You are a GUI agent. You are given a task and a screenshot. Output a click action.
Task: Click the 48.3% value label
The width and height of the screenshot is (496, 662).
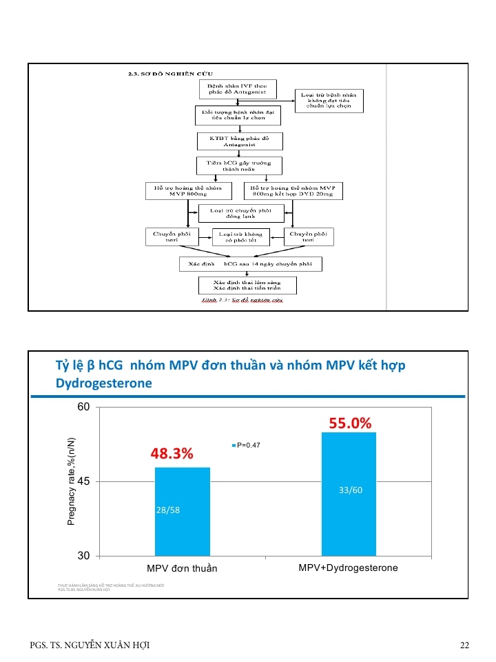[172, 454]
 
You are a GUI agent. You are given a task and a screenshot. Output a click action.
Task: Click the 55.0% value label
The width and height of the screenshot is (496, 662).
[350, 423]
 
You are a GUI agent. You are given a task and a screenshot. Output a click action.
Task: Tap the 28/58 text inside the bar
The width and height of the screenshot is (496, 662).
[169, 510]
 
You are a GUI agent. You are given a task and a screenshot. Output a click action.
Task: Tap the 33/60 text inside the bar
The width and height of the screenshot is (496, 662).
[350, 490]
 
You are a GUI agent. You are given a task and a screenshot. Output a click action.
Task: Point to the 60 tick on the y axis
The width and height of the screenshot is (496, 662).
[83, 408]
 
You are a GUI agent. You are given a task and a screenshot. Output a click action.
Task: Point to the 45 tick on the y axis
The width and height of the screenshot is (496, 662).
[83, 481]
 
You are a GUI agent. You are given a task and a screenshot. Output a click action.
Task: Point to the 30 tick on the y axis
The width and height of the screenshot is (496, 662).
[83, 556]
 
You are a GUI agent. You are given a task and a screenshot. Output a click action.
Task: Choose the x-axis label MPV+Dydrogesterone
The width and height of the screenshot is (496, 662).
[348, 568]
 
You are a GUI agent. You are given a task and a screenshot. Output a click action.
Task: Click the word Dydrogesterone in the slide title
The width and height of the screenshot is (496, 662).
[103, 383]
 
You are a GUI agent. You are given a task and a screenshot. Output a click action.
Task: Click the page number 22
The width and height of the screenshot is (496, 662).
[464, 645]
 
